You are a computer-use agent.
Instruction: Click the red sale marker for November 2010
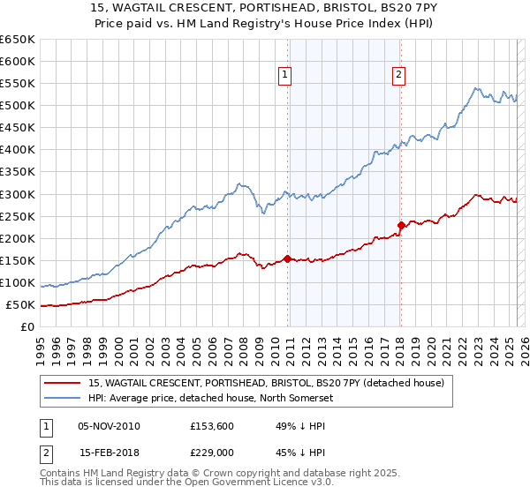pos(288,258)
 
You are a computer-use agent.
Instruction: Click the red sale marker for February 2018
pos(401,225)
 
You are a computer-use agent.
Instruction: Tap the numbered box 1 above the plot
pos(286,76)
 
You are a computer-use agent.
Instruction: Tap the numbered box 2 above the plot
pos(399,76)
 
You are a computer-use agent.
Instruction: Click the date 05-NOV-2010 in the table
pos(110,427)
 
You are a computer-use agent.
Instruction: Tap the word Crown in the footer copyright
pos(226,474)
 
